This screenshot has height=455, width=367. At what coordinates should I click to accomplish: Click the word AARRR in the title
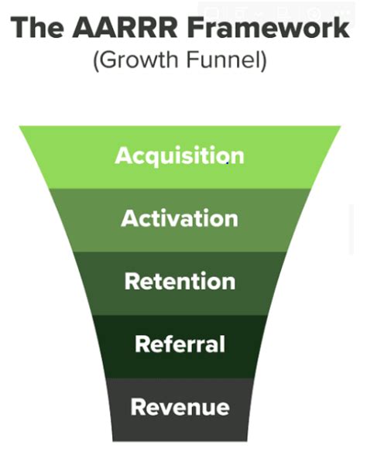coord(125,28)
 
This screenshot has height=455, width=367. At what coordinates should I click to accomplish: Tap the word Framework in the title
coord(268,28)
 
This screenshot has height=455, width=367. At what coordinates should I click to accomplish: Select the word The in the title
coord(37,28)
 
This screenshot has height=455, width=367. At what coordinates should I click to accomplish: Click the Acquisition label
coord(180,156)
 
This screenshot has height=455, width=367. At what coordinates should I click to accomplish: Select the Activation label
coord(180,218)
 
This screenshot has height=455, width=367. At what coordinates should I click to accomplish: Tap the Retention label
coord(180,281)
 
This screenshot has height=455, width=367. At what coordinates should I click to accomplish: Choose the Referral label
coord(180,344)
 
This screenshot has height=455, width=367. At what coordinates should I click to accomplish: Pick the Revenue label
coord(180,407)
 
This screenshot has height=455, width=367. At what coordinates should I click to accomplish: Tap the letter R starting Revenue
coord(138,406)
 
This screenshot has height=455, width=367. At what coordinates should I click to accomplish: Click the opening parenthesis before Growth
coord(96,60)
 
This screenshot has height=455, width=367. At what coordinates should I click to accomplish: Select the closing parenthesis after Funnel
coord(263,60)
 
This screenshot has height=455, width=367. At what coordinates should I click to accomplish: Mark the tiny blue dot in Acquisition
coord(228,163)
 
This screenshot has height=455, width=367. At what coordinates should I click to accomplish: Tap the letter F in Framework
coord(196,28)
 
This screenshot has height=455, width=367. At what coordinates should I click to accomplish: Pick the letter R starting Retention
coord(132,281)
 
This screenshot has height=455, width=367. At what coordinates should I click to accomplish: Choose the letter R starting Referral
coord(142,344)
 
